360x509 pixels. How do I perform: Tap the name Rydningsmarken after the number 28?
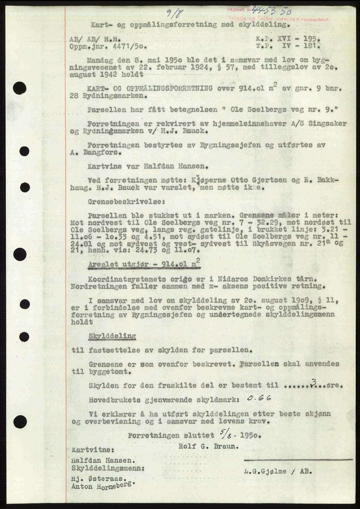coord(114,96)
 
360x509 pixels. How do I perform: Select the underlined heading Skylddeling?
coord(112,336)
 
